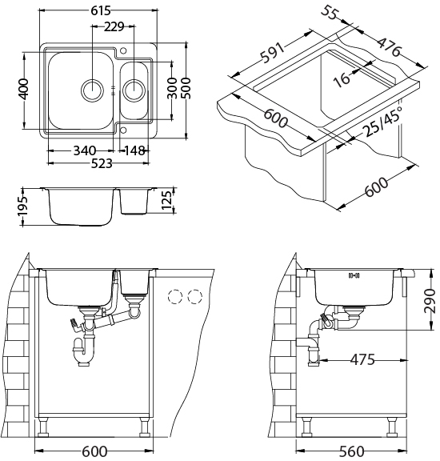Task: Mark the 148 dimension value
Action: click(134, 150)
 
